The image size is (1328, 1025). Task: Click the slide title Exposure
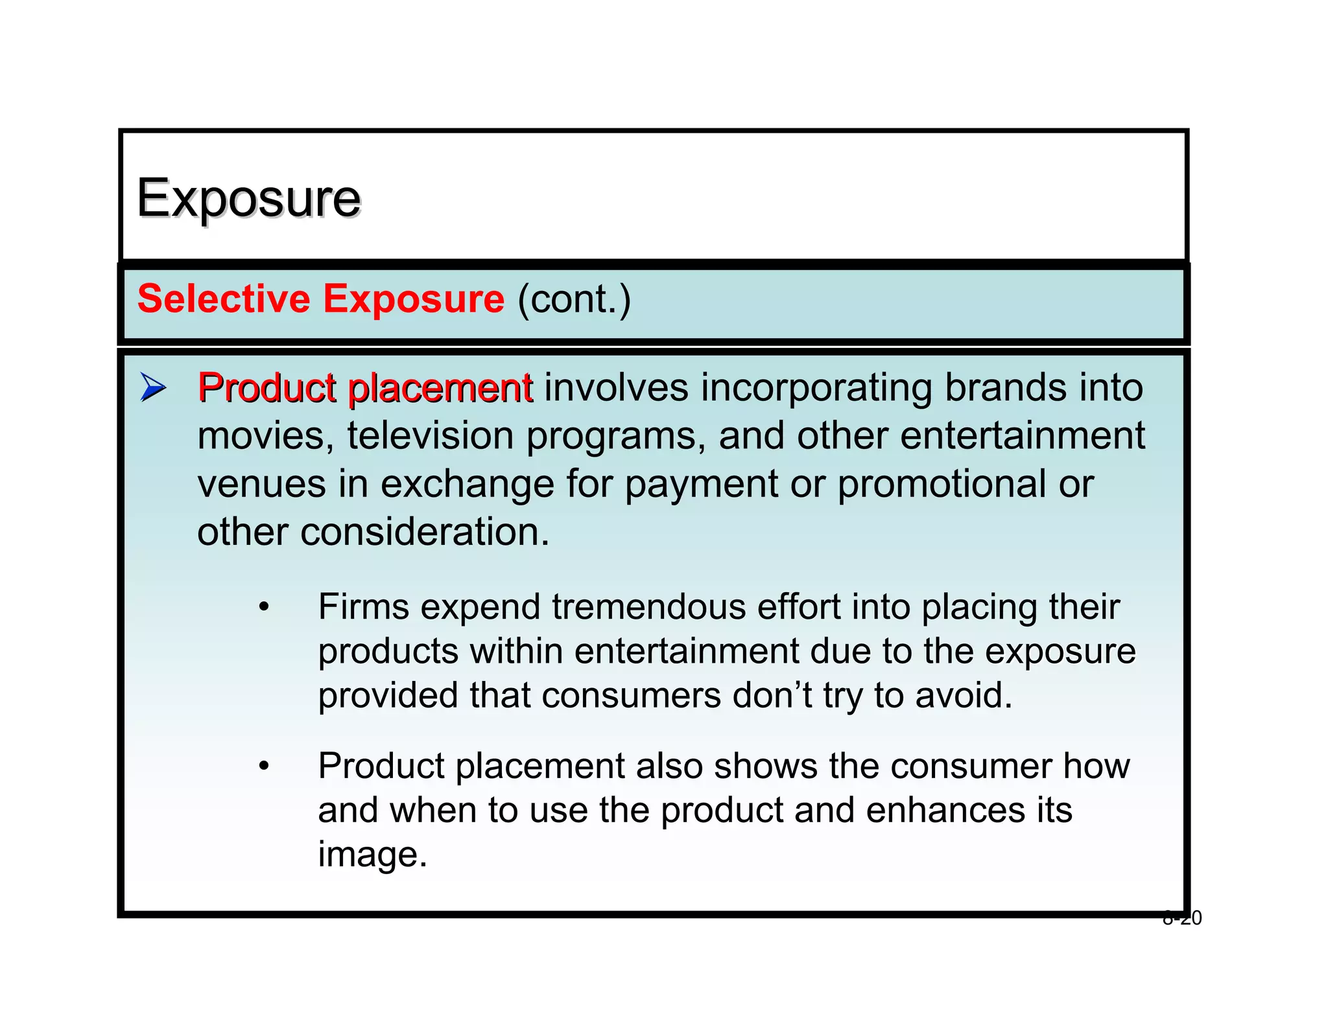point(248,198)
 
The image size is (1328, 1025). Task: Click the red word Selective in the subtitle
point(224,299)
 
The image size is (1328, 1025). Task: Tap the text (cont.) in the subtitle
point(574,300)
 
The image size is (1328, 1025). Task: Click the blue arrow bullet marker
point(152,388)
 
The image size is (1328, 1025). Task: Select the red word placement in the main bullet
point(440,389)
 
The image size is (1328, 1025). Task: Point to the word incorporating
point(816,389)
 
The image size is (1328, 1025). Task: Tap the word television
point(431,435)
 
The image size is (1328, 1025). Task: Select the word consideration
point(424,532)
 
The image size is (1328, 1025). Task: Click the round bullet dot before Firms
point(263,608)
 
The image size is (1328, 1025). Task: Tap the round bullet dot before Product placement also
point(263,766)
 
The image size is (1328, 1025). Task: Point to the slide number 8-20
point(1182,918)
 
